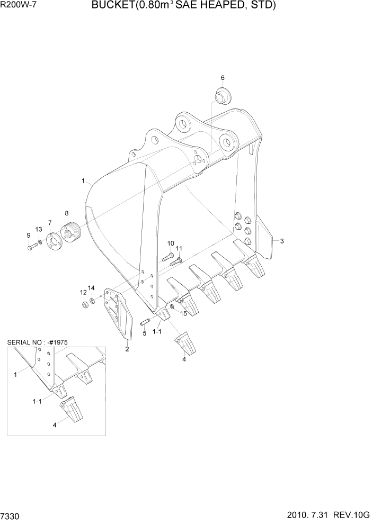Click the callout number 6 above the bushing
[223, 78]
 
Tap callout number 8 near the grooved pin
[67, 213]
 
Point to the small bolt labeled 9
[30, 246]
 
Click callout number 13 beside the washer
[39, 229]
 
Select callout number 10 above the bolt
[171, 243]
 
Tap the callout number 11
[179, 248]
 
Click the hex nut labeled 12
[84, 305]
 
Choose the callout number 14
[91, 288]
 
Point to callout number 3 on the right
[282, 241]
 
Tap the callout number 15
[184, 313]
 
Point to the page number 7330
[11, 515]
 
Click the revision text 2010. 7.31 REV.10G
[327, 515]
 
